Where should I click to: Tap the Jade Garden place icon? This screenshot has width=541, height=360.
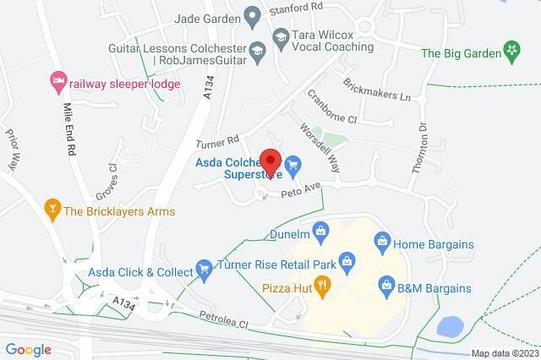coord(251,15)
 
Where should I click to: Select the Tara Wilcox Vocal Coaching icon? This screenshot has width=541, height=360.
coord(280,36)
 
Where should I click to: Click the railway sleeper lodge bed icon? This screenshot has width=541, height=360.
coord(57,82)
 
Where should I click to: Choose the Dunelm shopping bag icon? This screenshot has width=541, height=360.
coord(320,230)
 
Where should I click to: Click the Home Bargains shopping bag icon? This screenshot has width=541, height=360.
coord(381,243)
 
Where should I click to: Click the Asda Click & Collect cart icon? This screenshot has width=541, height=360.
coord(203,270)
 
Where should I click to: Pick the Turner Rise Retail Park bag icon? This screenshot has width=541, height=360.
coord(347,265)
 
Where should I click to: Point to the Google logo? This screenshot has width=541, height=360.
coord(29,350)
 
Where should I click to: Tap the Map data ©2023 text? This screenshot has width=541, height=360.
coord(504,353)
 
